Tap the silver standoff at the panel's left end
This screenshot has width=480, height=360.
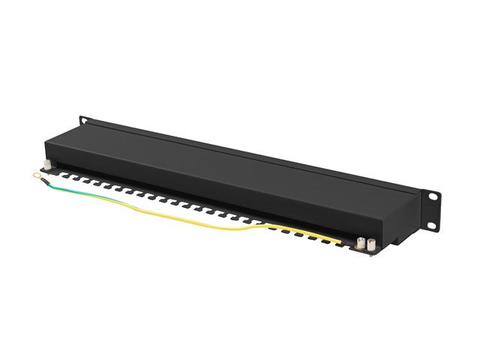(47, 166)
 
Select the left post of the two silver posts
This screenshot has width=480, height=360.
(360, 242)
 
